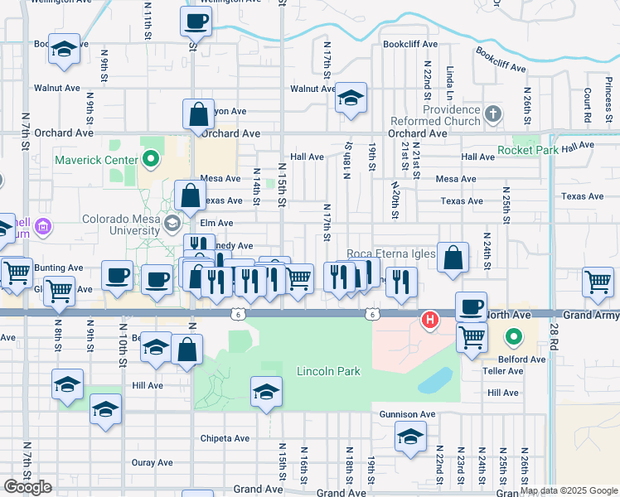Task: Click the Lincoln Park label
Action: click(x=328, y=371)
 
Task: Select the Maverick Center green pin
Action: click(x=150, y=156)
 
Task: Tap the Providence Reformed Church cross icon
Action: click(x=492, y=113)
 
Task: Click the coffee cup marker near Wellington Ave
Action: click(x=196, y=22)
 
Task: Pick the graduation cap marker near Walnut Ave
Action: click(x=351, y=99)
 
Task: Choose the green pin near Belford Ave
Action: click(x=513, y=337)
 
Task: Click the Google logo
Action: click(x=27, y=487)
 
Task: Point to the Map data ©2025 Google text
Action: click(x=569, y=490)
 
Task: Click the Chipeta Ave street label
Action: click(x=225, y=438)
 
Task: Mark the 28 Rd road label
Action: click(x=554, y=335)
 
